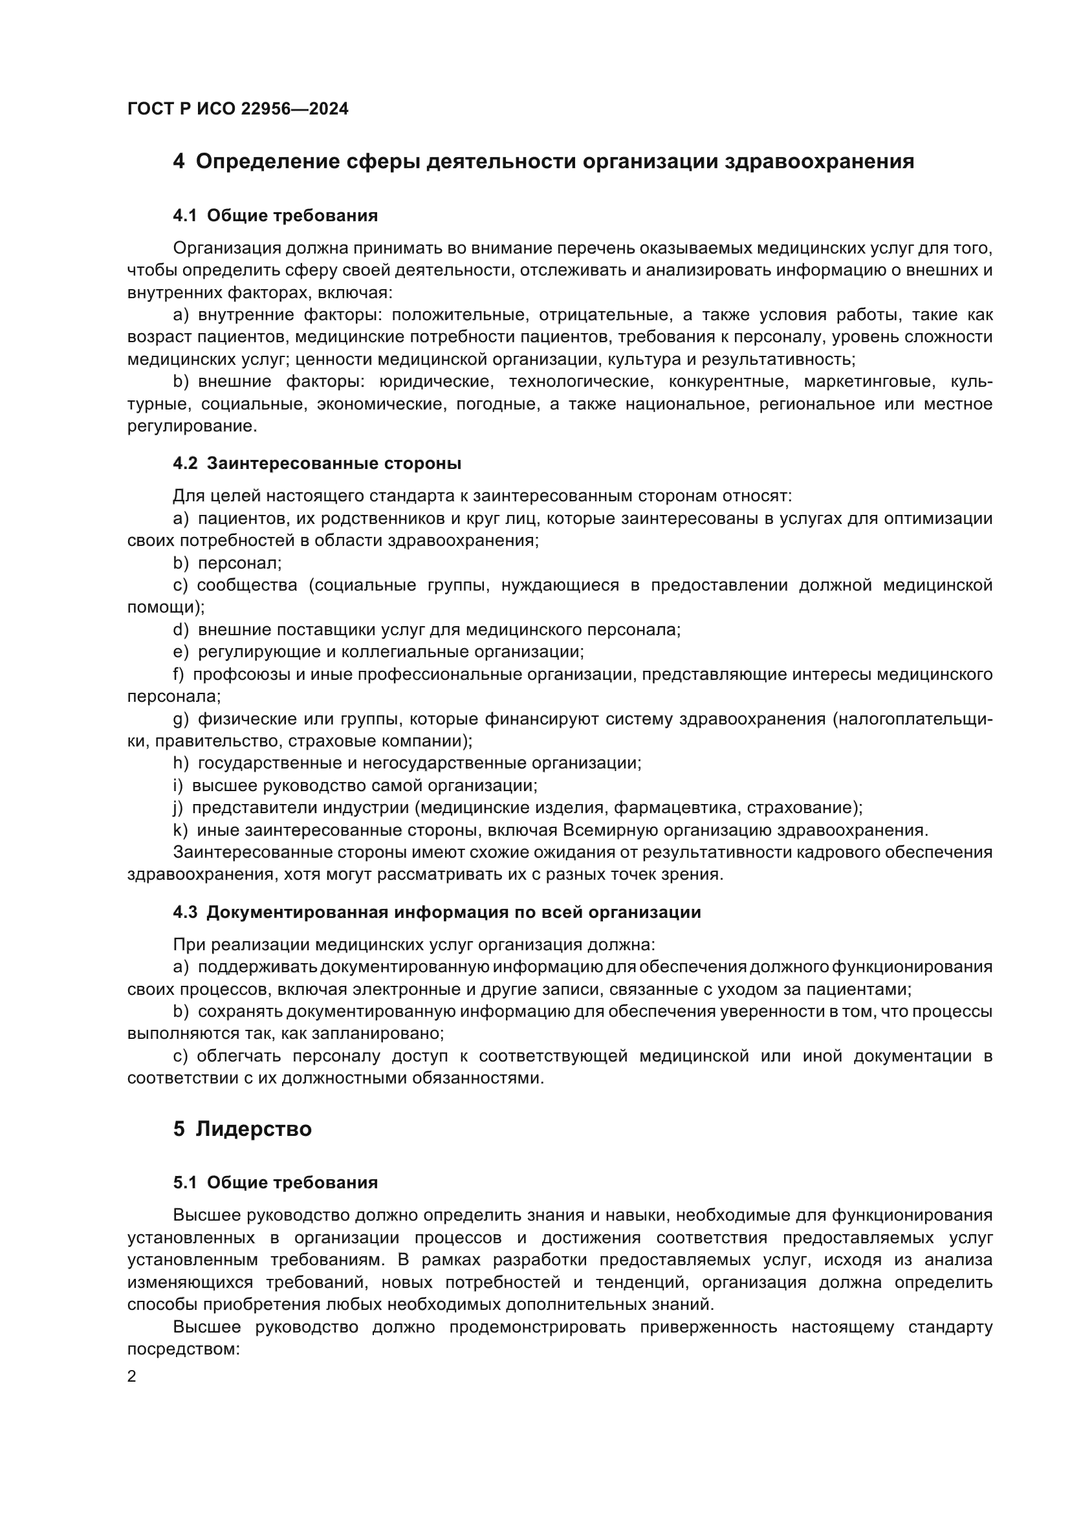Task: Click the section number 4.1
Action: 184,215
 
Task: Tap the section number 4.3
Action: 184,912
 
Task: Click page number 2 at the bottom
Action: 132,1377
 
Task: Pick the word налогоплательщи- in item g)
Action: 913,718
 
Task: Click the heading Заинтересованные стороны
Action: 334,463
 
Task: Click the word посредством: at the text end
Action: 182,1349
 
